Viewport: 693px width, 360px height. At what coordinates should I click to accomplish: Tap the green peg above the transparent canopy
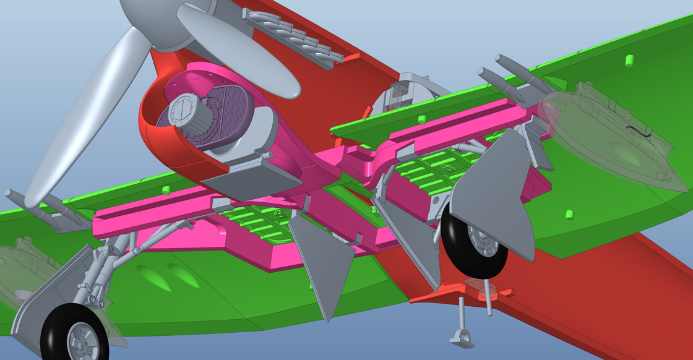tap(629, 60)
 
